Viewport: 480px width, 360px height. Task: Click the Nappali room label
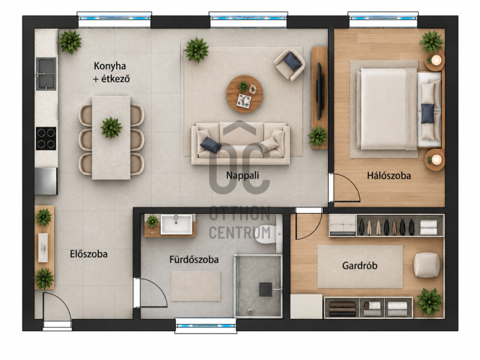pos(242,176)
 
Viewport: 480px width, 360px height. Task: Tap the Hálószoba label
pos(388,176)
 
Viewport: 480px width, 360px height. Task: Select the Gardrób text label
pos(360,265)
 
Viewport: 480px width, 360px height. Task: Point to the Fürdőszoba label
pos(194,260)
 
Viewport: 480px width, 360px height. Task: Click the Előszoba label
pos(89,254)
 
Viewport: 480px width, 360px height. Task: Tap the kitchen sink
pos(46,74)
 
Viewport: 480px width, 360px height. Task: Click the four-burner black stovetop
pos(46,138)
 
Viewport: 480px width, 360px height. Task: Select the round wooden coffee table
pos(244,94)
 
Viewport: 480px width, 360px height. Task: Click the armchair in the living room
pos(290,65)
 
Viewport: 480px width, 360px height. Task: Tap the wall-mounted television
pos(319,91)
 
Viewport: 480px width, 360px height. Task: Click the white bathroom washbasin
pos(177,224)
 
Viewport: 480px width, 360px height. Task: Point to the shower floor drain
pos(265,289)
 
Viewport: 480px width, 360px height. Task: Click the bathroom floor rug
pos(196,286)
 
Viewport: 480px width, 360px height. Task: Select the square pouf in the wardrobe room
pos(427,265)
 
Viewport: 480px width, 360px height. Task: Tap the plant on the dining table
pos(112,127)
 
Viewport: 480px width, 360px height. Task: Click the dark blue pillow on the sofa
pos(210,145)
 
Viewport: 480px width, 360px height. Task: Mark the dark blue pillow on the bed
pos(427,114)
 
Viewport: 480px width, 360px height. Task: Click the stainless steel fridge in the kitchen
pos(46,181)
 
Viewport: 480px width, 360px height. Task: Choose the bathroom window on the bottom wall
pos(205,325)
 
